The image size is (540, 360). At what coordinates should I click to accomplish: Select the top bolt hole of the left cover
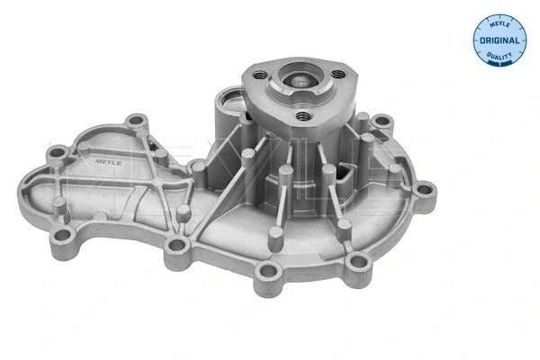138,121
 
